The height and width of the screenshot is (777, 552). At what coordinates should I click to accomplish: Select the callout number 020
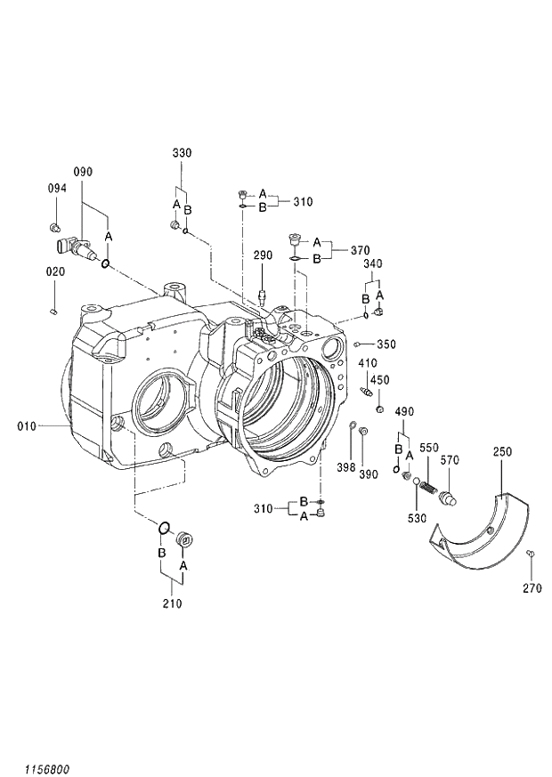coord(56,271)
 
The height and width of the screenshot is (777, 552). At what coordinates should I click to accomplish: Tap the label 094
coord(56,188)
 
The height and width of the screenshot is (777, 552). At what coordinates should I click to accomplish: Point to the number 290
coord(263,255)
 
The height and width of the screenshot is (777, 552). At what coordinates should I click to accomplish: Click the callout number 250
coord(502,452)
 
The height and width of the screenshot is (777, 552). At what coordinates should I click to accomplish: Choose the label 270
coord(532,588)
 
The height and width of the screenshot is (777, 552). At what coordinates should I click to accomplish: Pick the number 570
coord(451,460)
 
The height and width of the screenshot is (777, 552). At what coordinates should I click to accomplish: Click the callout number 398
coord(346,468)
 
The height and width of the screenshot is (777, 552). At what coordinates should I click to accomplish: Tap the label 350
coord(386,344)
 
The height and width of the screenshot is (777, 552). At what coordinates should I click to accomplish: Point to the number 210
coord(172,604)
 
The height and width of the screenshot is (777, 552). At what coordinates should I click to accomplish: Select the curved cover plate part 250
coord(481,534)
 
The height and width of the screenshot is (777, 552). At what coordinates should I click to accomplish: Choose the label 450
coord(380,380)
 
